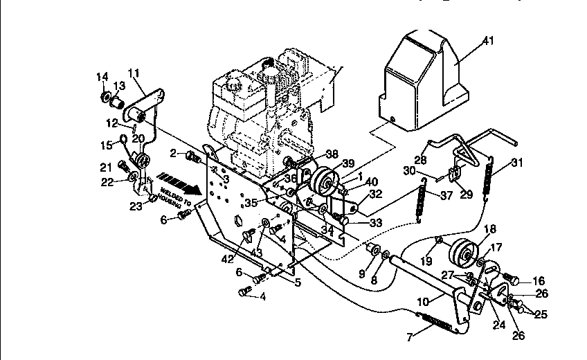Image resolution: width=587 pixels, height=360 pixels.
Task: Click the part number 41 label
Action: point(489,42)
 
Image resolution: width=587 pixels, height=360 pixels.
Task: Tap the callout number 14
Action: point(102,76)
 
